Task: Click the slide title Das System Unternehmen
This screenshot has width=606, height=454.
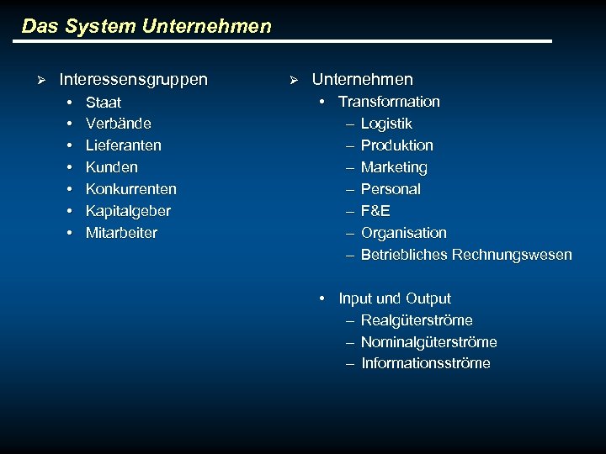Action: point(146,26)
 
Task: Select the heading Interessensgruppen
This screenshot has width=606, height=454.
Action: point(133,80)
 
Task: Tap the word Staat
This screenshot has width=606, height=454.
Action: point(104,103)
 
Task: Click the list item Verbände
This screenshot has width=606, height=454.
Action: point(119,124)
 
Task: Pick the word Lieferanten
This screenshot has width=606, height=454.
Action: point(124,145)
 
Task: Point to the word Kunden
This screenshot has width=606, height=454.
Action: point(112,167)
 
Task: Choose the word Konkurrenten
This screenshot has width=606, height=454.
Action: point(131,189)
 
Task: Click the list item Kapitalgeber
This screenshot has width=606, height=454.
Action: point(128,211)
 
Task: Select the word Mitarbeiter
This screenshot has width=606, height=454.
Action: point(121,233)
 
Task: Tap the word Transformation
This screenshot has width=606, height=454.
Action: point(389,102)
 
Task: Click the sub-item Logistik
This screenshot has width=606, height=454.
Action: point(386,124)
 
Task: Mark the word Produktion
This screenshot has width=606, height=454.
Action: point(397,145)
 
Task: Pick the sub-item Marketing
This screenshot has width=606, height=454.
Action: point(394,167)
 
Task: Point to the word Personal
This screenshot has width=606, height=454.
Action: point(391,189)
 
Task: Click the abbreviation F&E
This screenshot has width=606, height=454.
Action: point(375,211)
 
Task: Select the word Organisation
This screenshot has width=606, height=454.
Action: point(404,233)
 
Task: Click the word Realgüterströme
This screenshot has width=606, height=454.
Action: point(417,320)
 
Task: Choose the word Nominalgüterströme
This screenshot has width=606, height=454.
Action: point(429,342)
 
